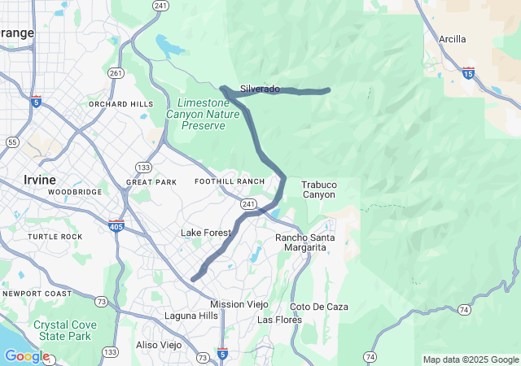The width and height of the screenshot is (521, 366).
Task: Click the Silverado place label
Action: (x=260, y=89)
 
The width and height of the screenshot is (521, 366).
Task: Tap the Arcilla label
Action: (x=453, y=39)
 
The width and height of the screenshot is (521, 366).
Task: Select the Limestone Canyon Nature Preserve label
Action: (x=210, y=114)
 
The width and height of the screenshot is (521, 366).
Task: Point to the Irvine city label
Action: (x=40, y=180)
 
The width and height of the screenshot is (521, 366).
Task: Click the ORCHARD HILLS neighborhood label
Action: (x=120, y=105)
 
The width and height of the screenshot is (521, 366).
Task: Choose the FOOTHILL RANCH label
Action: (x=230, y=181)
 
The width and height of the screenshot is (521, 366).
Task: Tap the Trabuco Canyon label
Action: (x=318, y=190)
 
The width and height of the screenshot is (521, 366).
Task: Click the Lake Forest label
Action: (x=206, y=233)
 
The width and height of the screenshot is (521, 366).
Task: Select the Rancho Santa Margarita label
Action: (x=305, y=242)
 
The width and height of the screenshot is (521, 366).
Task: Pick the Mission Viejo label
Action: (x=239, y=304)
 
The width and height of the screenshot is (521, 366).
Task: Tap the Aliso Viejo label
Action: (x=159, y=345)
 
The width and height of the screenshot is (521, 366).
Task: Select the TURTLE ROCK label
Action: (x=55, y=237)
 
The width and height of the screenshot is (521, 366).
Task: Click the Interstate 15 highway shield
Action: (x=468, y=72)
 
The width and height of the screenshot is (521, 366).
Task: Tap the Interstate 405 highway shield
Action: (x=116, y=225)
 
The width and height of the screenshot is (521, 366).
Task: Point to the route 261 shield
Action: (x=116, y=73)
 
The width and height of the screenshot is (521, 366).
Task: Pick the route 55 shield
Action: (x=12, y=142)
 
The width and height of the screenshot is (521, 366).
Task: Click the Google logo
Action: (x=27, y=356)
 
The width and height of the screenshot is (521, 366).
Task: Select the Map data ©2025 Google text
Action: (x=471, y=359)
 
